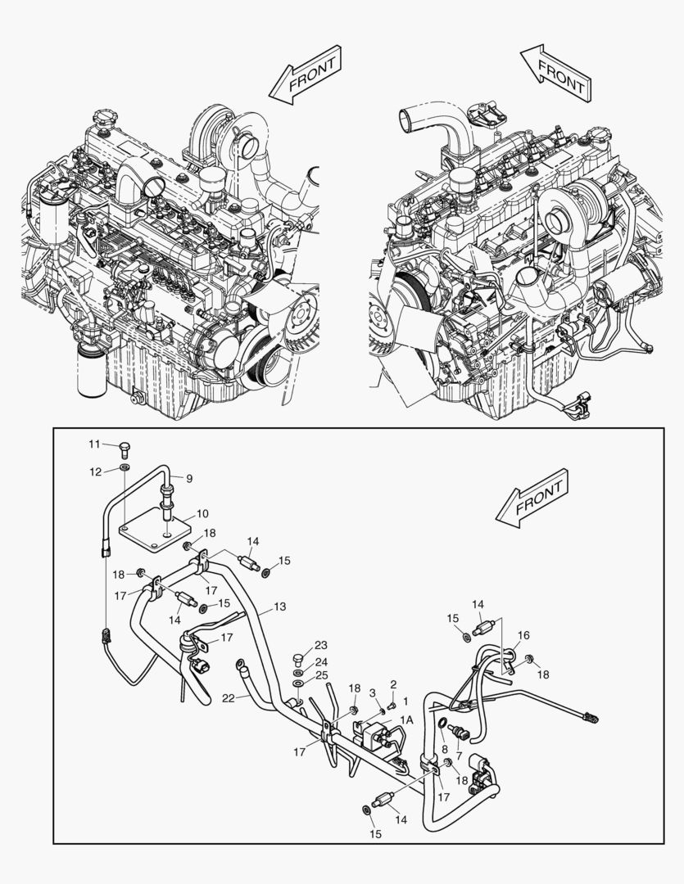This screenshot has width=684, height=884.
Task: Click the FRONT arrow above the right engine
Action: pyautogui.click(x=555, y=73)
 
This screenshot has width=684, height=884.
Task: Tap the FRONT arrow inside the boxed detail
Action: pyautogui.click(x=533, y=498)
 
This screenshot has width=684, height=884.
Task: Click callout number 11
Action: pyautogui.click(x=95, y=444)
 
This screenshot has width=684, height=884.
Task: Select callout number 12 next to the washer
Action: pyautogui.click(x=95, y=471)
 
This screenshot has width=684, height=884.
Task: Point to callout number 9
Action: pyautogui.click(x=188, y=477)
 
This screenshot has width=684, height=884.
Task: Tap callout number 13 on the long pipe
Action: pyautogui.click(x=280, y=607)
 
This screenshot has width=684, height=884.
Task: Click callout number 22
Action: pyautogui.click(x=228, y=697)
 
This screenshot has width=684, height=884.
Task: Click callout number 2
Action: pyautogui.click(x=393, y=683)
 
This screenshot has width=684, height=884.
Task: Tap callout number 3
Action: pyautogui.click(x=373, y=692)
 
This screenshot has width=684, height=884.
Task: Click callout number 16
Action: pyautogui.click(x=524, y=634)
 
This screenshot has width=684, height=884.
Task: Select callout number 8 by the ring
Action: pyautogui.click(x=444, y=747)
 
